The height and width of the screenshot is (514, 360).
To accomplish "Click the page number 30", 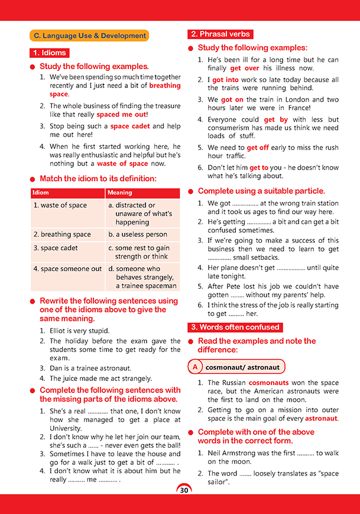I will coord(184,490).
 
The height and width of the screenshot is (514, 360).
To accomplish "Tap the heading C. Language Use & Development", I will coord(89,36).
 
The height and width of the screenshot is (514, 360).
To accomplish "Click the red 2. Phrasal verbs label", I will coord(220,34).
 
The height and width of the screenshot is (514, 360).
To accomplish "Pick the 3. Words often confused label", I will coord(234,327).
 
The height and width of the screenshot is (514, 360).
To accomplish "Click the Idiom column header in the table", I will coord(41,193).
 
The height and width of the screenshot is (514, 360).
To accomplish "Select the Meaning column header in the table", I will coord(120,193).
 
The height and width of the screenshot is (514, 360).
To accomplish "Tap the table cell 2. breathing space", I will coord(62,235).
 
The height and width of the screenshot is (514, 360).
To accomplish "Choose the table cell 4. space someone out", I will coord(67,269).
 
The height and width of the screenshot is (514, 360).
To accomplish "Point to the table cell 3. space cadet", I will coord(56,248).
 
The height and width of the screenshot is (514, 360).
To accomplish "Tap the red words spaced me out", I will coord(121,115).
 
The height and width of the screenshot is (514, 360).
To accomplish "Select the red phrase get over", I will coord(245,69).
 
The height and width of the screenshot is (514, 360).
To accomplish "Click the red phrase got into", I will coord(225,80).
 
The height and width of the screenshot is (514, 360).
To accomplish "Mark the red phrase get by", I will coord(276,119).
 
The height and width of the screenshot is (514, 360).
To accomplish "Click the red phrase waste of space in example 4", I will coord(123,164).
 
